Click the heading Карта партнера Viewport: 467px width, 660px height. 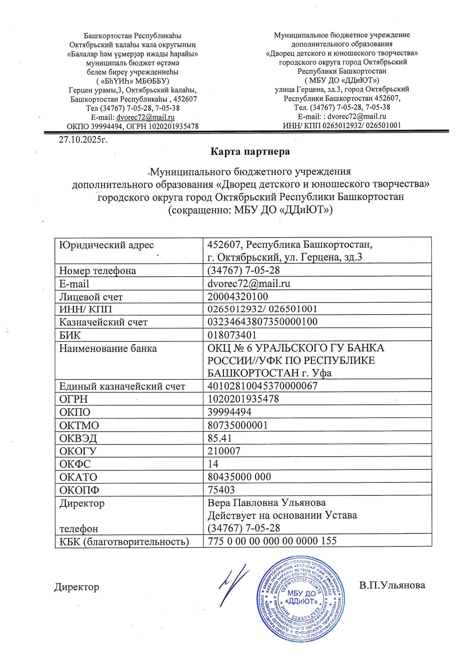tap(250, 151)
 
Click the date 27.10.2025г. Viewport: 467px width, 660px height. tap(83, 139)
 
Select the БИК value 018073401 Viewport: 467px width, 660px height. tap(232, 335)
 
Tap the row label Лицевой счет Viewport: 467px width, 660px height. tap(91, 297)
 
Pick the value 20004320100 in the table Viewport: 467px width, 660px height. tap(238, 297)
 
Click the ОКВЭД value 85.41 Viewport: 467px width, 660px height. tap(220, 438)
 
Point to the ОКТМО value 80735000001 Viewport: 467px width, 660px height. tap(238, 425)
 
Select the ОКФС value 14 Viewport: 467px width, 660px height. tap(213, 464)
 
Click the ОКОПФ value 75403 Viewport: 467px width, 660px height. tap(221, 490)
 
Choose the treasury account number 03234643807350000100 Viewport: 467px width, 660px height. tap(263, 322)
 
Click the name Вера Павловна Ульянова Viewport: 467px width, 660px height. tap(267, 503)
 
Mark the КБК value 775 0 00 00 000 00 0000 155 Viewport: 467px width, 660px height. tap(272, 541)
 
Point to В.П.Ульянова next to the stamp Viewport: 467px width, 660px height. tap(392, 585)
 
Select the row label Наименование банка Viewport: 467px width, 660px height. tap(108, 349)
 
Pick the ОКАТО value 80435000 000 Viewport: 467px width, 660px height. tap(239, 477)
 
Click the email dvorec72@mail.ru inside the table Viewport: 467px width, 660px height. tap(249, 284)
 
